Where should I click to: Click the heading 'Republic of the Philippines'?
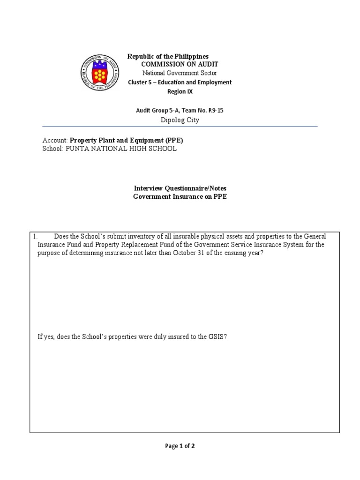coord(168,56)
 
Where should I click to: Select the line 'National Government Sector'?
coord(180,73)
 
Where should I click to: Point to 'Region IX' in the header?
coord(180,91)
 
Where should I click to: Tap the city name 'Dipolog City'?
coord(180,120)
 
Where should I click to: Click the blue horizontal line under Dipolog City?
coord(180,126)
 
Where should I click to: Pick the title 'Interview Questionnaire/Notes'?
coord(180,188)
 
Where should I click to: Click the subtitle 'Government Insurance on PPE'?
coord(180,197)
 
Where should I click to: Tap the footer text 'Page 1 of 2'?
coord(180,446)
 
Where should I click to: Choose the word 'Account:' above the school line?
coord(55,140)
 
